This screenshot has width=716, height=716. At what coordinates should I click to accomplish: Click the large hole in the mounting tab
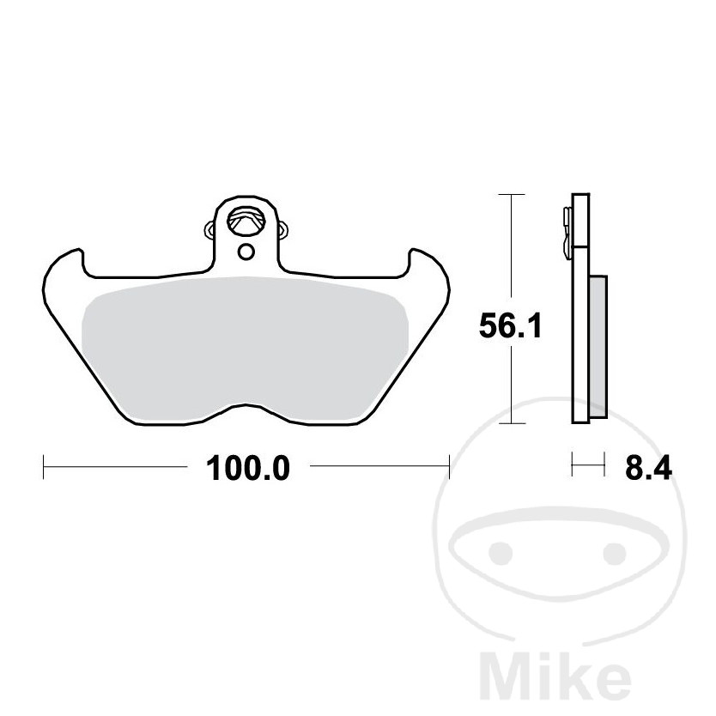(x=246, y=221)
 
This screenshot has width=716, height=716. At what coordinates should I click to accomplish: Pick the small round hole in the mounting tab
(x=246, y=252)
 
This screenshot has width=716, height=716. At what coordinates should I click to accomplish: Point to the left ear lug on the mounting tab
(x=209, y=229)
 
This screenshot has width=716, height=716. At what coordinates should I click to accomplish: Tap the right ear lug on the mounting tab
(x=282, y=229)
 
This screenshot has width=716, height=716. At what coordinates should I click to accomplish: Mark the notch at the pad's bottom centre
(x=246, y=405)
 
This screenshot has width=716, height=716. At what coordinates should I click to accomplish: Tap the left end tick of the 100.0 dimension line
(x=43, y=468)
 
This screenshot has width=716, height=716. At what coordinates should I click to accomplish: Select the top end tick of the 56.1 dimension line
(x=512, y=196)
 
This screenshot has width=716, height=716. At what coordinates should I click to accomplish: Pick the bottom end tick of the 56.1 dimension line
(x=512, y=423)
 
